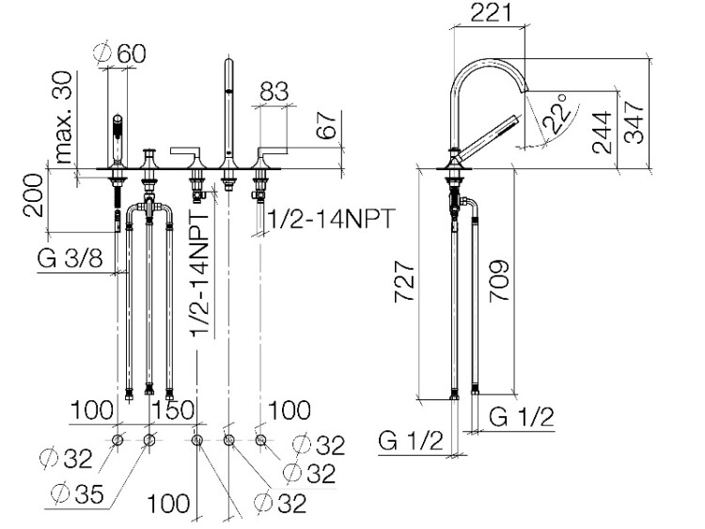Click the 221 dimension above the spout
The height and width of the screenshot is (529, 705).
click(x=491, y=12)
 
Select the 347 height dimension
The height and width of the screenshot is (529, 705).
click(x=634, y=121)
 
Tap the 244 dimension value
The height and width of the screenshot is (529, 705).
click(x=602, y=132)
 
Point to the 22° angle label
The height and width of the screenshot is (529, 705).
click(x=556, y=114)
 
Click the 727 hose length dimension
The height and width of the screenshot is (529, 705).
click(x=404, y=282)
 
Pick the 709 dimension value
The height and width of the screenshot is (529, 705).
click(x=498, y=280)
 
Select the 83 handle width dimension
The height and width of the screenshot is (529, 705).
click(x=274, y=91)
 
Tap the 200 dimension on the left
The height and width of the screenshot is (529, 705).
click(x=34, y=195)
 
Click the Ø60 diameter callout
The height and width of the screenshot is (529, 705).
click(x=120, y=54)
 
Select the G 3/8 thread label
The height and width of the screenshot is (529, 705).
click(x=70, y=259)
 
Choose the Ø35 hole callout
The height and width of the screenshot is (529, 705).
click(x=77, y=493)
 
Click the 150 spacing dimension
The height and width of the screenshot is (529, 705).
click(x=173, y=411)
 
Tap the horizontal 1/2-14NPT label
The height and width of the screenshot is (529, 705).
click(x=331, y=219)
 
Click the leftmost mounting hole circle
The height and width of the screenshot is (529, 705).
click(x=117, y=440)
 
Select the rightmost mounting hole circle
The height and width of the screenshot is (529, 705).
click(x=260, y=440)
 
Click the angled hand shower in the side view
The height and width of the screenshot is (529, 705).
click(x=488, y=137)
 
